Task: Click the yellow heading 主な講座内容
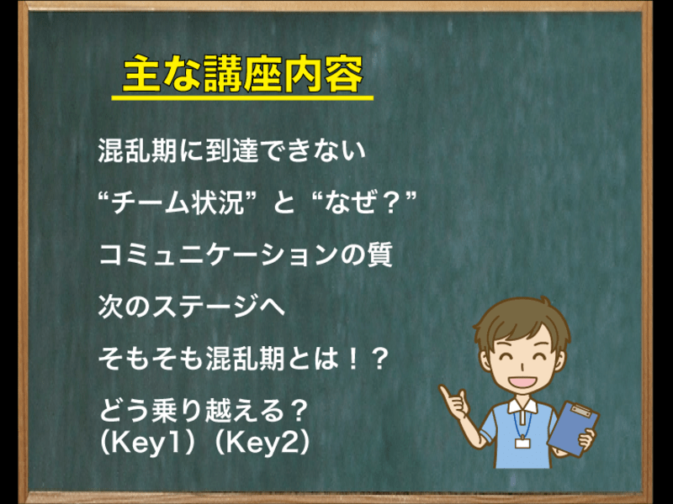[x=243, y=73]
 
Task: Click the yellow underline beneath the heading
[x=242, y=98]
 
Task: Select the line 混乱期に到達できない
[x=232, y=150]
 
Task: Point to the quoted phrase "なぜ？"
[x=365, y=202]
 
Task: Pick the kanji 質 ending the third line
[x=379, y=255]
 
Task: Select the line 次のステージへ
[x=192, y=307]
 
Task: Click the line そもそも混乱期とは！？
[x=243, y=359]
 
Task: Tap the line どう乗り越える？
[x=204, y=410]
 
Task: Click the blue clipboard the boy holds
[x=574, y=428]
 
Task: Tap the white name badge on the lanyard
[x=522, y=443]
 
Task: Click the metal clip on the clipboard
[x=580, y=410]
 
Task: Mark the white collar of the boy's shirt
[x=522, y=405]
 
